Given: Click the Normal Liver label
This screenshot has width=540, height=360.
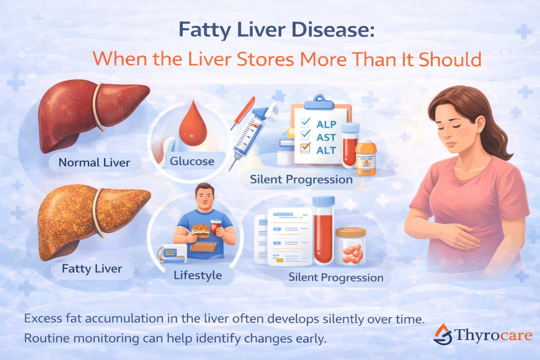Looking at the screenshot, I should (94, 162).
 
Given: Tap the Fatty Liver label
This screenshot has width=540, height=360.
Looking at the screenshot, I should (92, 269).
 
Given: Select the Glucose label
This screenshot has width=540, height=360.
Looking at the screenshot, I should (192, 161).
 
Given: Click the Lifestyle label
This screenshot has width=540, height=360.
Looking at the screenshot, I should (198, 275).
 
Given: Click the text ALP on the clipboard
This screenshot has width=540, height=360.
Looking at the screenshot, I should (326, 124).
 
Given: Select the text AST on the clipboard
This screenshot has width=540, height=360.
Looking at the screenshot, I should (326, 137).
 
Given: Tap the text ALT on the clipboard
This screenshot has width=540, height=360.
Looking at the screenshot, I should (326, 150).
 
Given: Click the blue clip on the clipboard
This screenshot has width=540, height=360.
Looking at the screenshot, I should (319, 102).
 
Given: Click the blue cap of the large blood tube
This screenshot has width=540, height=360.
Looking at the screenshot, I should (323, 201).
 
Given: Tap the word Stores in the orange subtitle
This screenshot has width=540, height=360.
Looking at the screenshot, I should (265, 59).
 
